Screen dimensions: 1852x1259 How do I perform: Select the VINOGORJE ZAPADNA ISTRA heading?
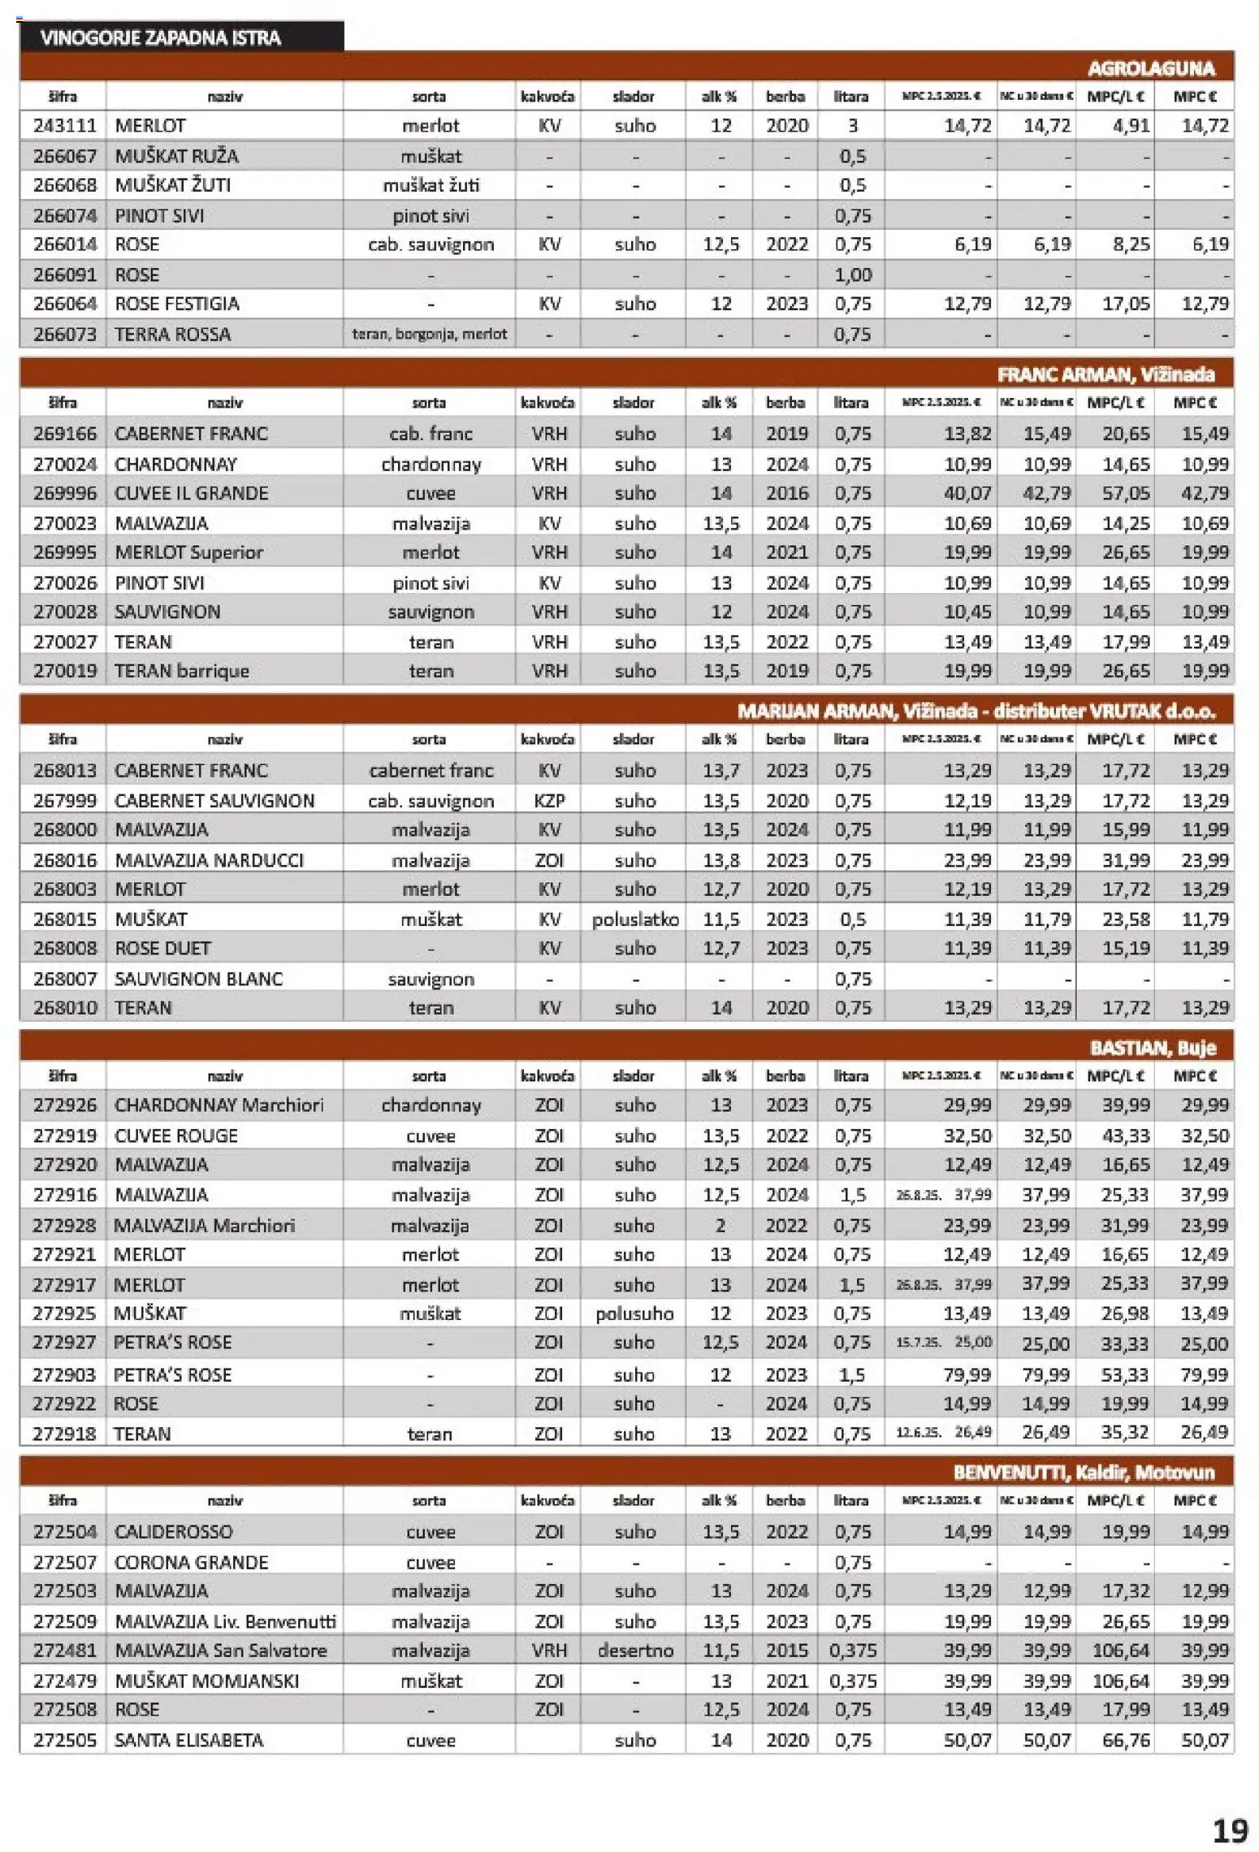click(161, 37)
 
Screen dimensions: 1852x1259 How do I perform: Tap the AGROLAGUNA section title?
click(1151, 68)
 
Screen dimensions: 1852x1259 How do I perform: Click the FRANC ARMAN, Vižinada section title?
click(1105, 374)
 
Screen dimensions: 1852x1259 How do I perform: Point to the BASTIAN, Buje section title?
click(1153, 1048)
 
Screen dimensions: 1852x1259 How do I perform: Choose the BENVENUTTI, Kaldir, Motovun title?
click(1084, 1473)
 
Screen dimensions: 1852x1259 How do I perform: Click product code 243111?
click(64, 126)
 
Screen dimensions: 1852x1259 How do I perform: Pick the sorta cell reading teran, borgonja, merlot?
click(429, 334)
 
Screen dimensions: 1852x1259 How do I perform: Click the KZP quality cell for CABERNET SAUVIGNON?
click(549, 801)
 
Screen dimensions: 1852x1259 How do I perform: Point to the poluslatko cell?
click(634, 920)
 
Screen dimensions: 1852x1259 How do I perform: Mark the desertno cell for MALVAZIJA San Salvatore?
click(634, 1651)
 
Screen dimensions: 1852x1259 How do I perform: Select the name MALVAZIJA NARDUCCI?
click(209, 860)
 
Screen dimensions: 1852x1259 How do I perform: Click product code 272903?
click(64, 1374)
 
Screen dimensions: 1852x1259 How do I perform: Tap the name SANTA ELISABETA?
click(188, 1740)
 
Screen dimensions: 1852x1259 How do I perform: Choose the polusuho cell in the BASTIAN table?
click(634, 1313)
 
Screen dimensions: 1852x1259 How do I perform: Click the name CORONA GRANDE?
click(191, 1562)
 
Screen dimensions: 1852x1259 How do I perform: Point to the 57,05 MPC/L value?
click(1125, 493)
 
